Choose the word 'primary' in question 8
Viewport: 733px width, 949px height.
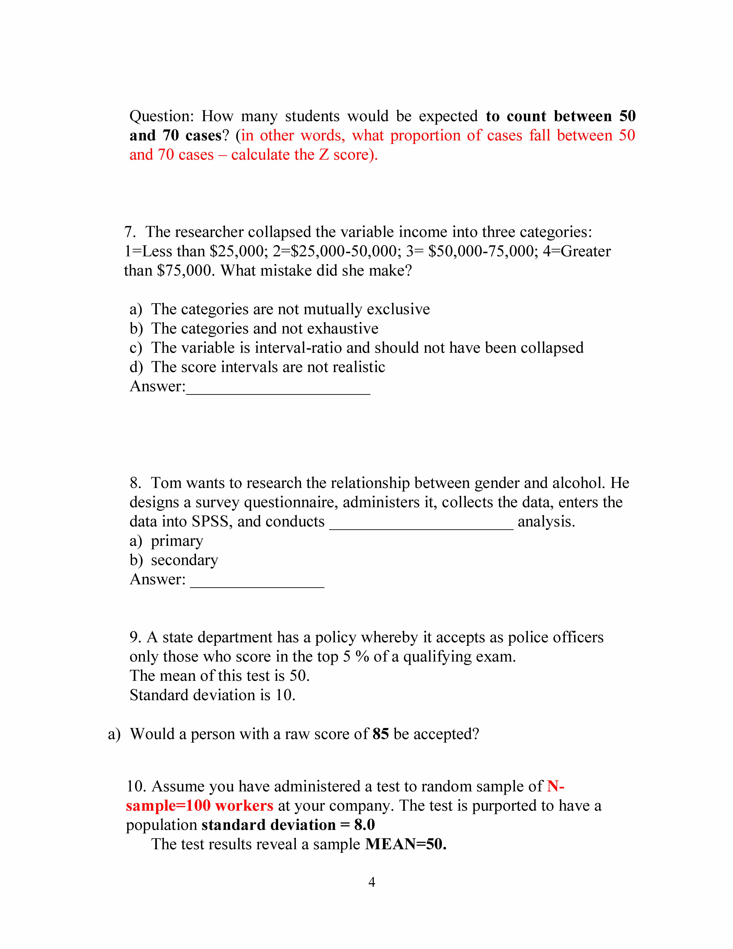tap(177, 541)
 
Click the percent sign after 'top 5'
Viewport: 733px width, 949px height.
tap(362, 657)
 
